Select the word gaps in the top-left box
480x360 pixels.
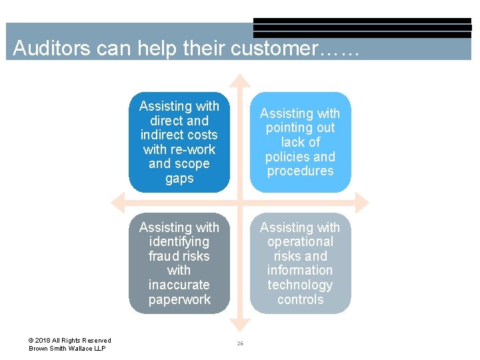click(x=179, y=179)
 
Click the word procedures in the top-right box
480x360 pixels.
click(x=300, y=171)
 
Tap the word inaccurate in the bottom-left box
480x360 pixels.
click(x=179, y=285)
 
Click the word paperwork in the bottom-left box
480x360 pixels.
click(x=179, y=299)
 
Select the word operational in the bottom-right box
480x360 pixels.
click(x=300, y=242)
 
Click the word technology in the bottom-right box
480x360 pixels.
click(x=300, y=285)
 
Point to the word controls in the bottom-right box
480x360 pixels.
click(x=300, y=299)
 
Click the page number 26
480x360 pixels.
click(x=240, y=343)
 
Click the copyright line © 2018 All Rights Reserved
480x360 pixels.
click(x=70, y=341)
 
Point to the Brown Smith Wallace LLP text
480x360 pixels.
click(x=67, y=349)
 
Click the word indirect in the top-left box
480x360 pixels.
click(x=179, y=135)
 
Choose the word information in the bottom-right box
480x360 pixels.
click(x=300, y=270)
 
